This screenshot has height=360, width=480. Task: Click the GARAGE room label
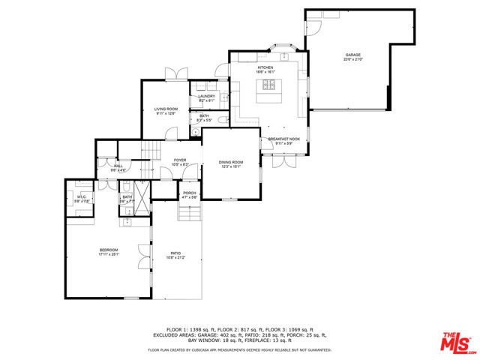[x=353, y=55]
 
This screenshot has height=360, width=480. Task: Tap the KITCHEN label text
[x=266, y=67]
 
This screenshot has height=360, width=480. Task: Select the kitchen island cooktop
[x=268, y=88]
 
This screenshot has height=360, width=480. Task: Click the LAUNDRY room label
[x=206, y=96]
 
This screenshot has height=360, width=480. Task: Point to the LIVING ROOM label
[x=166, y=109]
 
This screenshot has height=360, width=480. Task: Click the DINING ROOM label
[x=231, y=162]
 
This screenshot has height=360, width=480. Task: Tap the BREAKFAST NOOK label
[x=284, y=139]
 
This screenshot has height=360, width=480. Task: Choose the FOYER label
[x=180, y=160]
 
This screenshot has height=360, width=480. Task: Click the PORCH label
[x=190, y=193]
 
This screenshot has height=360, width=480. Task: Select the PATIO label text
[x=176, y=253]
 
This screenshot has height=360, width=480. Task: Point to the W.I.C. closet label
[x=80, y=197]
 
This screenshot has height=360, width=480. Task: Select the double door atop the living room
[x=175, y=73]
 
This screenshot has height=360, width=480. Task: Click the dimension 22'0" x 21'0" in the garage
[x=353, y=60]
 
